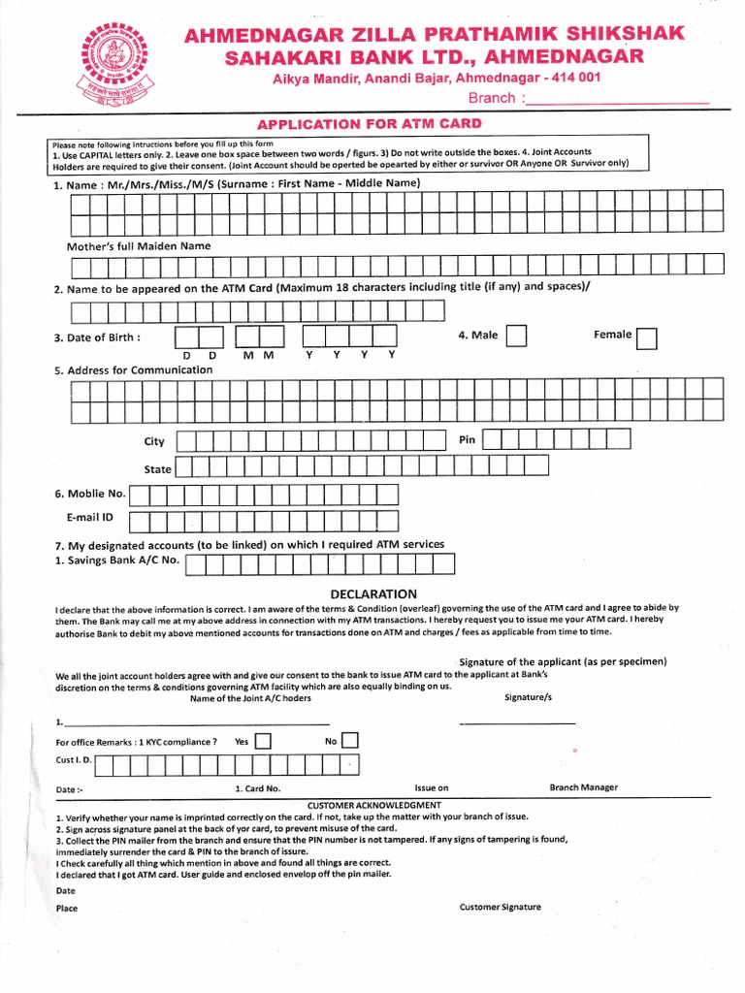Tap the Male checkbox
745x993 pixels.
click(x=517, y=336)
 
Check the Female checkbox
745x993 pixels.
click(x=647, y=336)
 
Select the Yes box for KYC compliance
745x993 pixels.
click(x=262, y=742)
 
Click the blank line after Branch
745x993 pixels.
click(x=617, y=99)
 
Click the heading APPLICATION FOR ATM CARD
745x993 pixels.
click(x=368, y=124)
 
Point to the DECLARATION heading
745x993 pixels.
click(x=373, y=593)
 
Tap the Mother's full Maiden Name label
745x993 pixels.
click(x=138, y=246)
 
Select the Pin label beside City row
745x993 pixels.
click(x=467, y=440)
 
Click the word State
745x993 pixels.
click(x=157, y=469)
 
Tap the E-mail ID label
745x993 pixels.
click(x=90, y=518)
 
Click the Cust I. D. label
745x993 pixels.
click(x=74, y=760)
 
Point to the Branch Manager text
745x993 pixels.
click(x=583, y=787)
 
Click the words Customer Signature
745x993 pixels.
click(x=501, y=908)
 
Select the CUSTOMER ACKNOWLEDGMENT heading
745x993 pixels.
click(x=373, y=806)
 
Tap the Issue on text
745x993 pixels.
click(x=432, y=788)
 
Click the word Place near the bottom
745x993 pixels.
click(x=67, y=909)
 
